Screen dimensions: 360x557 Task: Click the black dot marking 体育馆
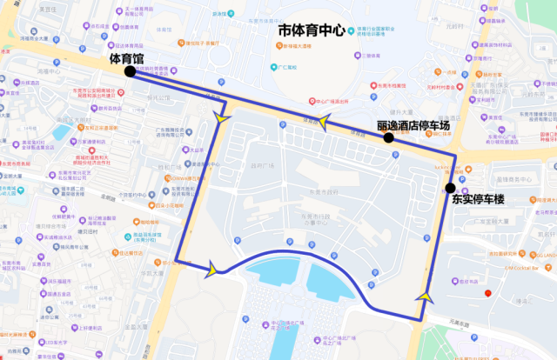[130, 71]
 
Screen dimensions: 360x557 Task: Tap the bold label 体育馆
[127, 57]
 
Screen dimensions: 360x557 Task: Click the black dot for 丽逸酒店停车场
[389, 137]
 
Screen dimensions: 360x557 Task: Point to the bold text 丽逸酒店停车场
[413, 125]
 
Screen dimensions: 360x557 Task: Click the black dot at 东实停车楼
[450, 188]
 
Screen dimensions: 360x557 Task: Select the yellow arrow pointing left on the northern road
[323, 123]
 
